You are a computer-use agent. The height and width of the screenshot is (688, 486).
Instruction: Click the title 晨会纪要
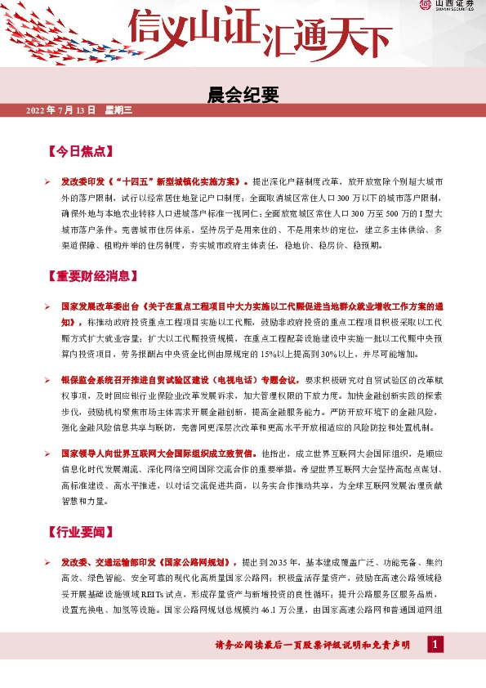point(243,96)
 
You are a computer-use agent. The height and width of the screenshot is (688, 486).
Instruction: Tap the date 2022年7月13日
point(61,109)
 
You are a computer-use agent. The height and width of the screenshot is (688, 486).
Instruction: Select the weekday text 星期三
point(118,109)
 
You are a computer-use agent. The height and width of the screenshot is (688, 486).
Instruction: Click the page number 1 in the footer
point(437,646)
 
